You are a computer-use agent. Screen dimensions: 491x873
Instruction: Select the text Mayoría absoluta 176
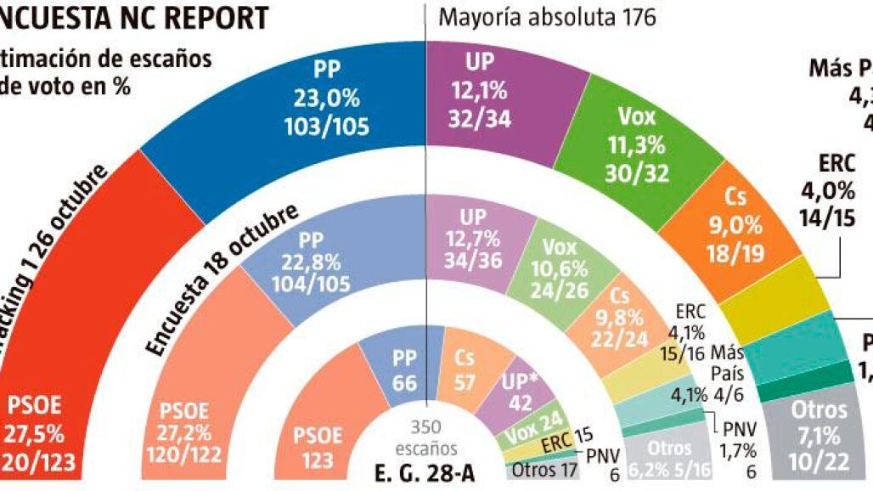tap(548, 18)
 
